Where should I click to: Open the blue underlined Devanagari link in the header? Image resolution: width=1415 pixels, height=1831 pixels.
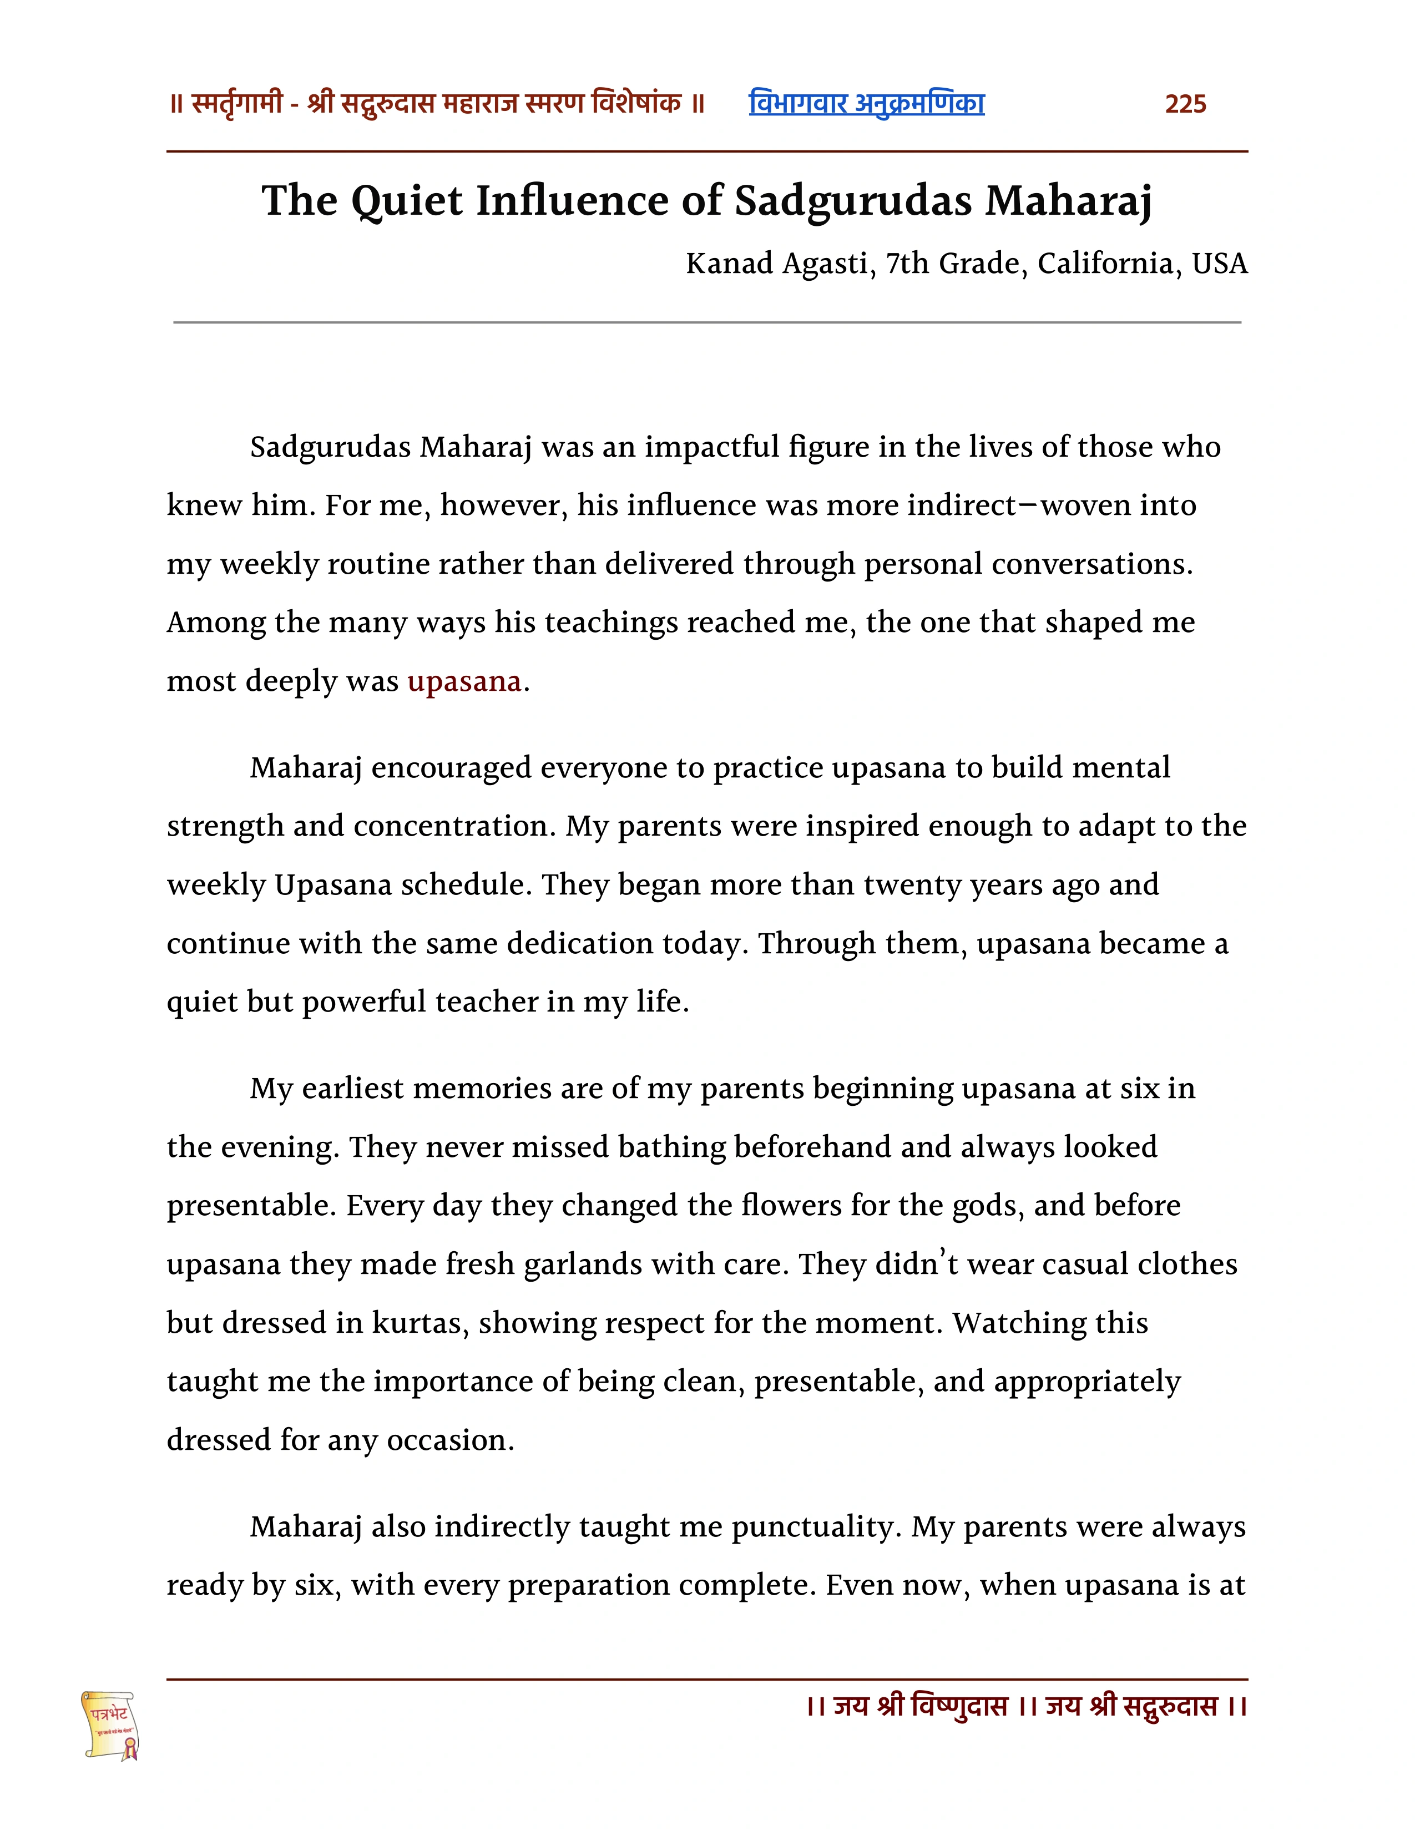866,104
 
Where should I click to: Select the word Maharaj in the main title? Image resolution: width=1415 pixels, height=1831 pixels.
1068,201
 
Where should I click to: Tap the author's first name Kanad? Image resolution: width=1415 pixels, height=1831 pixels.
729,264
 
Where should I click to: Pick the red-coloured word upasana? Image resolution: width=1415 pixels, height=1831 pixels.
464,681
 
